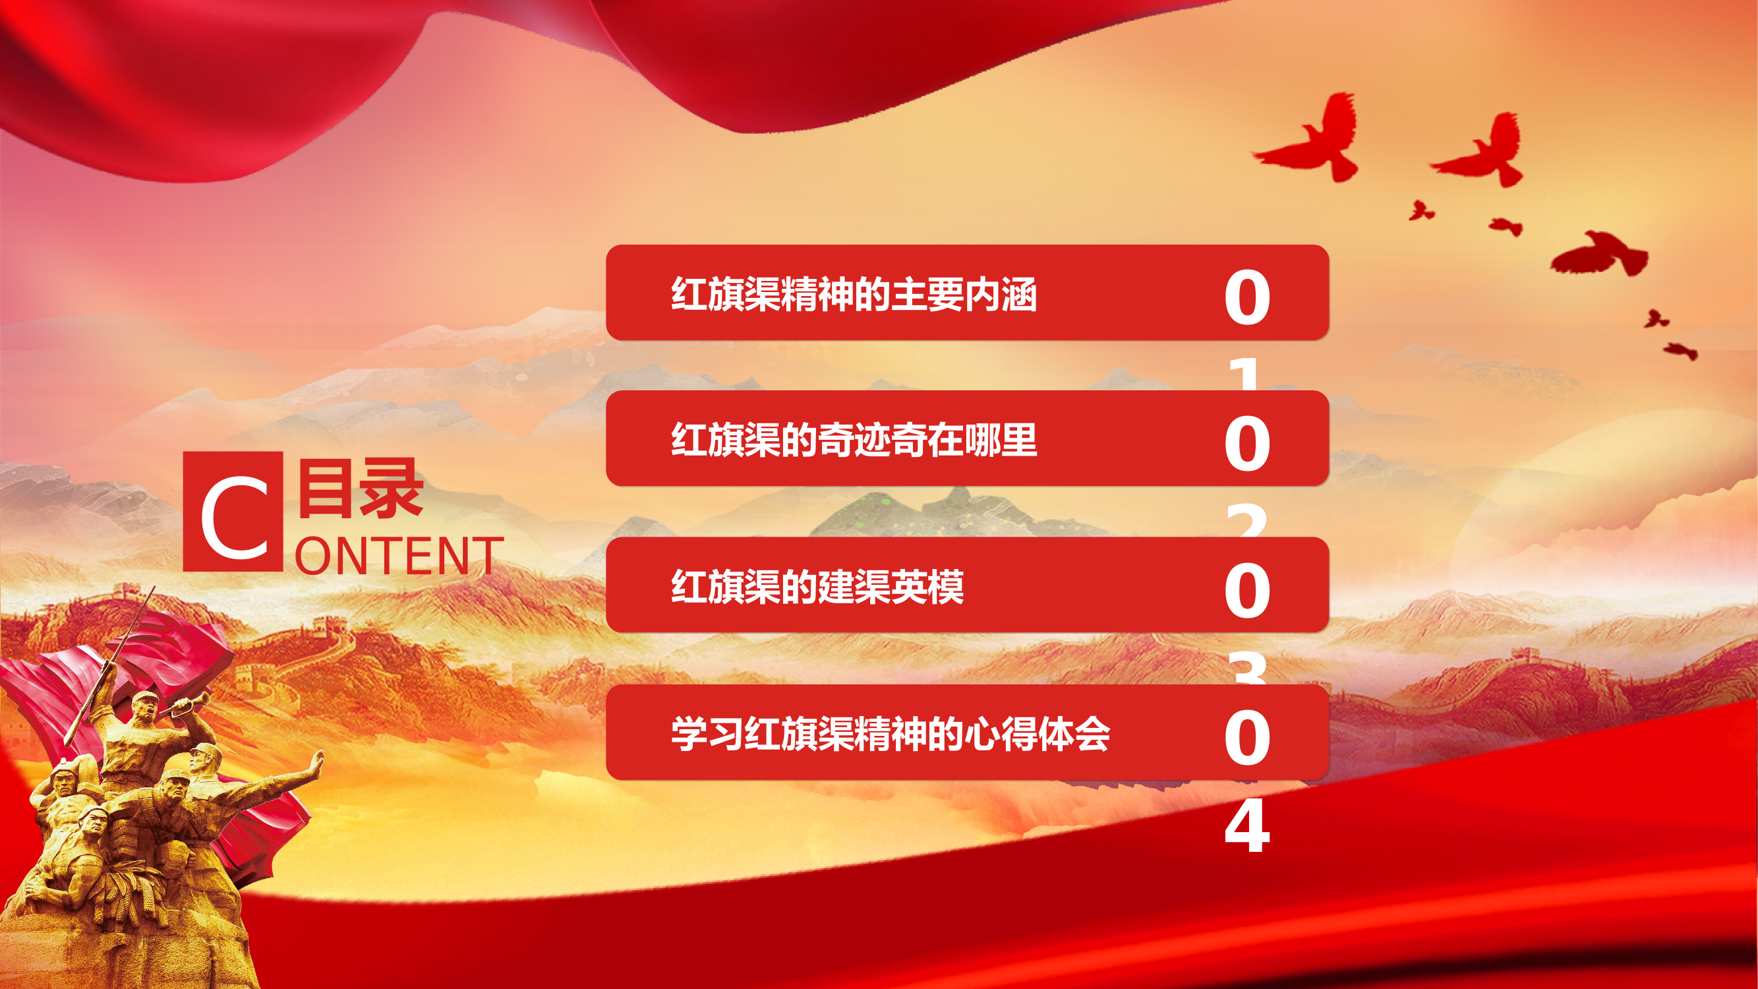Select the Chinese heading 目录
[361, 488]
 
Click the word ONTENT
[399, 556]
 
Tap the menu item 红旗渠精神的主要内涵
[854, 294]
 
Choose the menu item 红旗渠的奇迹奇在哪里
[854, 440]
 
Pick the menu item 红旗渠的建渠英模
[817, 586]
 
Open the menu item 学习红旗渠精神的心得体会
[890, 734]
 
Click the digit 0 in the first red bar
[1247, 297]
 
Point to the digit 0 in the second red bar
[1247, 444]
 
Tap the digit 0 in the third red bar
[1247, 590]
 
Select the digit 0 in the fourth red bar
[1247, 737]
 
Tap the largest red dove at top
[1310, 140]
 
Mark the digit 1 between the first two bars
[1246, 375]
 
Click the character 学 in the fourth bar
[689, 734]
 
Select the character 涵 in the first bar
[1020, 294]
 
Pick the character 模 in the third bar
[946, 586]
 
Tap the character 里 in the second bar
[1020, 440]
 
